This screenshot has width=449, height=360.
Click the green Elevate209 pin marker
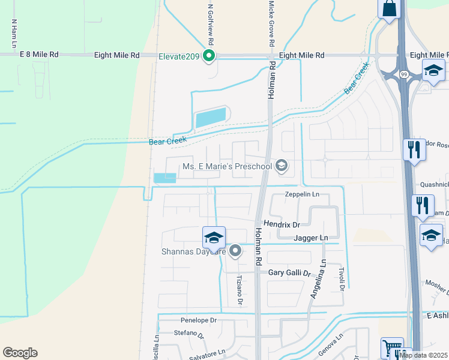click(209, 56)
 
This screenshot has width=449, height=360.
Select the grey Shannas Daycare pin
click(235, 251)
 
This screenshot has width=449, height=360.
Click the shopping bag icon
click(388, 9)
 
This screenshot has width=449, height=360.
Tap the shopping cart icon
click(391, 347)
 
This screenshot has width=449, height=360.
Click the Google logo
click(20, 353)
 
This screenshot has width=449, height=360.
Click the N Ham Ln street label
click(13, 34)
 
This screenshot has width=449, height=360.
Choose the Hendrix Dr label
click(282, 224)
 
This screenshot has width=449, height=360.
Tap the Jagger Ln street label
click(311, 238)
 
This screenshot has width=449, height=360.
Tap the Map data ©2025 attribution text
click(423, 355)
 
